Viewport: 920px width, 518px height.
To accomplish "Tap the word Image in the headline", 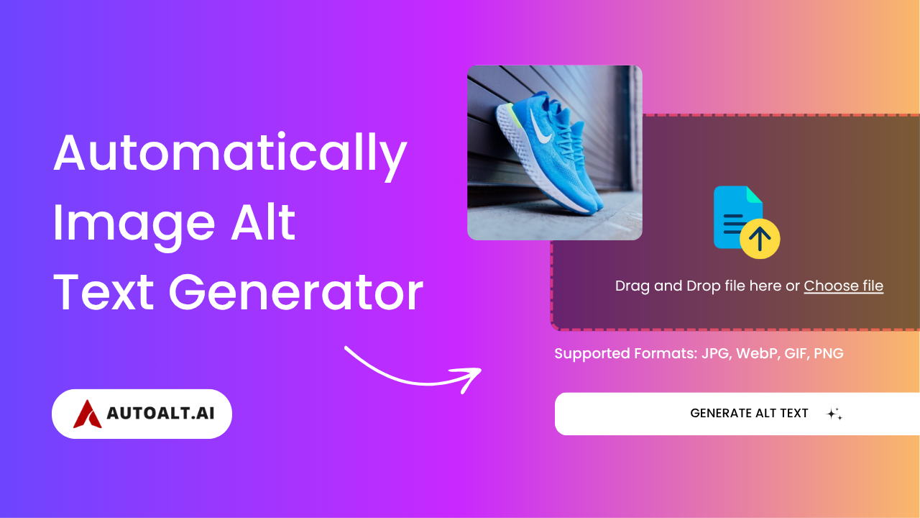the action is pos(134,226).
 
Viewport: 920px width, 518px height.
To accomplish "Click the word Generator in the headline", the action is pos(295,293).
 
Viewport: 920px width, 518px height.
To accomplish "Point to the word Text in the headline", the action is pos(103,292).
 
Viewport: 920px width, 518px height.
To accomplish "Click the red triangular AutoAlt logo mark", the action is pos(87,414).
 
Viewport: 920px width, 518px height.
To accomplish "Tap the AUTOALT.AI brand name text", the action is pos(160,413).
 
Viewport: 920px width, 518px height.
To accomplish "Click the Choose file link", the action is pos(843,286).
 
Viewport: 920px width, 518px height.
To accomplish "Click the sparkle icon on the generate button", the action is pos(834,414).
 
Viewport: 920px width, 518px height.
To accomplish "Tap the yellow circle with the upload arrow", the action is pos(760,238).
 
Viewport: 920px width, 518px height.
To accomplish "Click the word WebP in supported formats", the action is pos(758,353).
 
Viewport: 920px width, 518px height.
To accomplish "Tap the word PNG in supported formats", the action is pos(829,353).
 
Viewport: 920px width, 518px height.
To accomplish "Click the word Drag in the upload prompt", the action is pos(632,286).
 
